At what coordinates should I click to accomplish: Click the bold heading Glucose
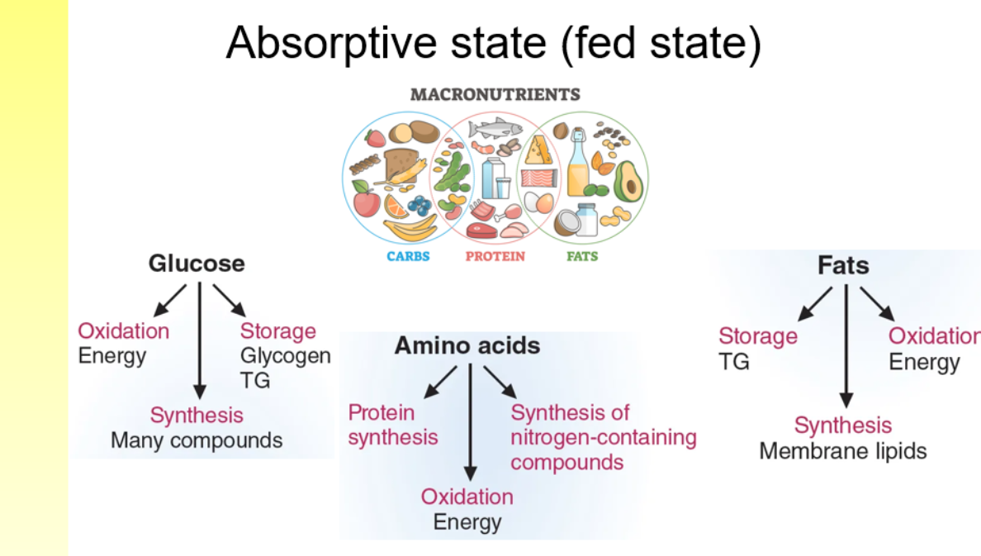(x=197, y=264)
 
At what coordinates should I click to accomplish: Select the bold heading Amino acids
(x=467, y=345)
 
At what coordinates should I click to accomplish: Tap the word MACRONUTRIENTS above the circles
(x=495, y=94)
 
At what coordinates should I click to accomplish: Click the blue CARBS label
(x=408, y=256)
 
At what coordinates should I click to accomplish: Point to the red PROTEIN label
(x=495, y=256)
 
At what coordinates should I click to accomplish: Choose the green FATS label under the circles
(x=582, y=256)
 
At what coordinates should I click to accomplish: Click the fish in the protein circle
(x=494, y=128)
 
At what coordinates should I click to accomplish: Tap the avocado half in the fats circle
(x=628, y=181)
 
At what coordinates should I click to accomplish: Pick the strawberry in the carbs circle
(x=376, y=137)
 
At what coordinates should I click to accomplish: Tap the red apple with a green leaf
(x=366, y=201)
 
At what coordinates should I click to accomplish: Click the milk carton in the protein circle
(x=494, y=175)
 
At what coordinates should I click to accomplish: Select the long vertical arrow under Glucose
(x=198, y=339)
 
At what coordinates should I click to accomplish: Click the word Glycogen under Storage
(x=285, y=356)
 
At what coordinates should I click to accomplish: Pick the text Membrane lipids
(x=842, y=451)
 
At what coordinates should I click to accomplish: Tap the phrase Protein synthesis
(x=392, y=424)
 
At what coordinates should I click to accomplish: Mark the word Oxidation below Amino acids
(x=467, y=497)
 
